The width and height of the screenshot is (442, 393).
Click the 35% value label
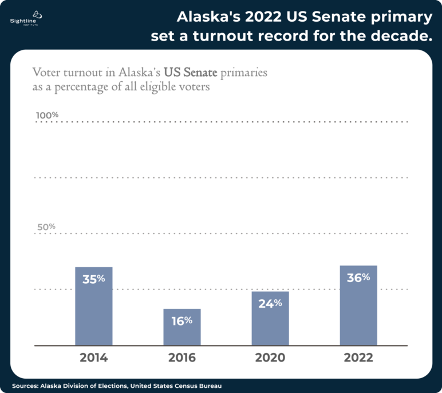click(x=94, y=279)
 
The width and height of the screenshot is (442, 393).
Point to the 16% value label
click(x=182, y=320)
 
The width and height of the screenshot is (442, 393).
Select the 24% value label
click(x=270, y=303)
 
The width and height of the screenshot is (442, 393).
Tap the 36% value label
click(x=358, y=277)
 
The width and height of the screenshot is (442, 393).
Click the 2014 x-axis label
click(x=94, y=358)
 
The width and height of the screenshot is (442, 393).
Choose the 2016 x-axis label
click(x=182, y=358)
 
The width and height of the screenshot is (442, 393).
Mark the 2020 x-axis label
click(x=270, y=358)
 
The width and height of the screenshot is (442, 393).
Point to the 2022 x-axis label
click(x=358, y=358)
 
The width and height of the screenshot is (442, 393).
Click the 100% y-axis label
click(x=47, y=115)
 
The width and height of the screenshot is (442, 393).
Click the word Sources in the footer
click(x=24, y=386)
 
